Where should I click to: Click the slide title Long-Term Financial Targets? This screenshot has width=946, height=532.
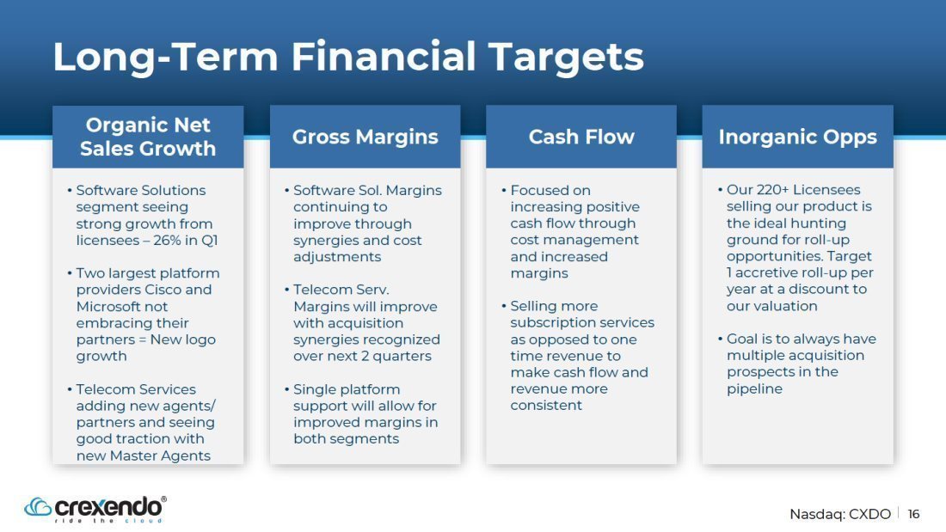[348, 57]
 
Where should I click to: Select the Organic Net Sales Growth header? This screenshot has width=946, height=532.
[148, 137]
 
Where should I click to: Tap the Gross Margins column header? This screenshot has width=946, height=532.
[365, 137]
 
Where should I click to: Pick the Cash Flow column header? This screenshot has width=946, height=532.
[581, 137]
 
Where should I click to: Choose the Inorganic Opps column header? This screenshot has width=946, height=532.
[797, 137]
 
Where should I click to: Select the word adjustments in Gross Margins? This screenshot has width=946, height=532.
[337, 257]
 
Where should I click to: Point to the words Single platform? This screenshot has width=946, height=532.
[347, 389]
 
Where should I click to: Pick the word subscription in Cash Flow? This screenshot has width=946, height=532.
[552, 322]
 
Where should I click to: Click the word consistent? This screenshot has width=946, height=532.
[546, 406]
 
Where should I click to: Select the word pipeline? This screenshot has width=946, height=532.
[754, 389]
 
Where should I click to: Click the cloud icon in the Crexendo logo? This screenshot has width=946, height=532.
[37, 507]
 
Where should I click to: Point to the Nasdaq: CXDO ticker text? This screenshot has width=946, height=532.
[840, 514]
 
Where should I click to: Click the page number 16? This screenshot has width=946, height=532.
[913, 514]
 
